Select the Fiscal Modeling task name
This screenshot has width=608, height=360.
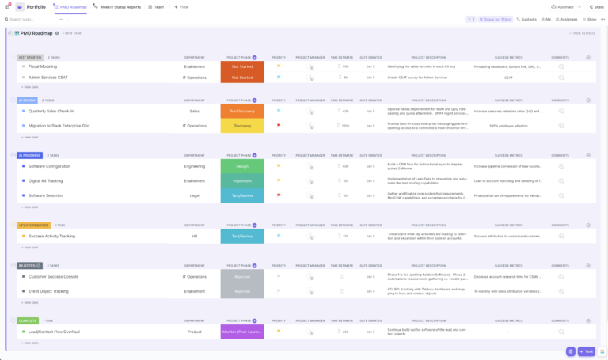(43, 66)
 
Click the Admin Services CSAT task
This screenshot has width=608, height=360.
(49, 78)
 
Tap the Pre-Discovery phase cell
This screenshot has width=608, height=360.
(242, 112)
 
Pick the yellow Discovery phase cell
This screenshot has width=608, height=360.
(242, 126)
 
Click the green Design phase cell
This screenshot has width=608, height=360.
(242, 167)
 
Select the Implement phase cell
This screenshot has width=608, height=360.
(242, 181)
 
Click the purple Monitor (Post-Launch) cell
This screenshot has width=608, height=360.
(242, 332)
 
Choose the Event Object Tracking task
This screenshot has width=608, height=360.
(49, 291)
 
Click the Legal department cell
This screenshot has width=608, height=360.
(194, 195)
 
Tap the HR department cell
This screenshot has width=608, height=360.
(194, 237)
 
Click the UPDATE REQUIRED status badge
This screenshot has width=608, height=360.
(33, 225)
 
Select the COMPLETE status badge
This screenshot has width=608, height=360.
(27, 320)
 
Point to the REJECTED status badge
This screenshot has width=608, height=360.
(26, 266)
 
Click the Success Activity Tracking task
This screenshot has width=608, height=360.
(52, 237)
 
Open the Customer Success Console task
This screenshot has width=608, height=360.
(54, 277)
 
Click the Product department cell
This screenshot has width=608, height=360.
(194, 332)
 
